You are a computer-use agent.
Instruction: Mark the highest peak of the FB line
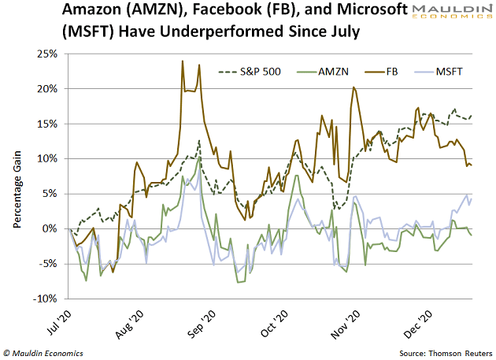pyautogui.click(x=183, y=61)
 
